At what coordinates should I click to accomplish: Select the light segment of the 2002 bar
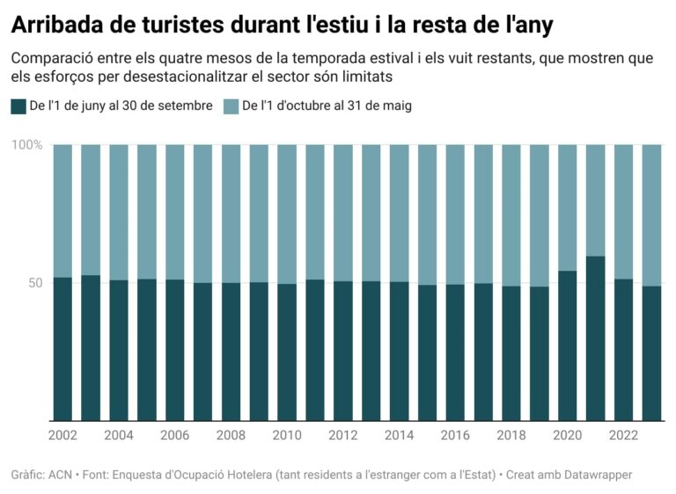click(62, 211)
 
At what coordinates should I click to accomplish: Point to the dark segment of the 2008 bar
click(231, 352)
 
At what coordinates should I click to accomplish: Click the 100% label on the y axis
click(27, 145)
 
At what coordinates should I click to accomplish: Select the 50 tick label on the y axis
click(34, 283)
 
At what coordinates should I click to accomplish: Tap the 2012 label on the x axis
click(343, 435)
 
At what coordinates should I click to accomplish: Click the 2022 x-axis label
click(623, 435)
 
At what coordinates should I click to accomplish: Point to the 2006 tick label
click(174, 435)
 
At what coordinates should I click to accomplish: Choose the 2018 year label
click(511, 435)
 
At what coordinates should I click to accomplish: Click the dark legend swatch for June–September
click(18, 106)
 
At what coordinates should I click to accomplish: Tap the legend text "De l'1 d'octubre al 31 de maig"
click(327, 106)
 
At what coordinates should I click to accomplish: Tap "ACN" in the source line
click(61, 475)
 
